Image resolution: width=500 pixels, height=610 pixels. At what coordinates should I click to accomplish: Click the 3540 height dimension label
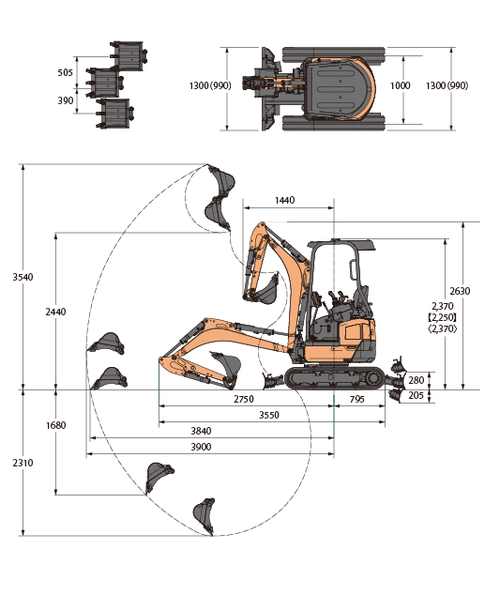[23, 278]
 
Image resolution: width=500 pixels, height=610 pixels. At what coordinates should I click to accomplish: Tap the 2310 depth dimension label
[23, 463]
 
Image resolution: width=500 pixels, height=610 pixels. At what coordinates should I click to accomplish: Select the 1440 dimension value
[284, 200]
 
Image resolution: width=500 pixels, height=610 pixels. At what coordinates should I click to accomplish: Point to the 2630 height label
[460, 291]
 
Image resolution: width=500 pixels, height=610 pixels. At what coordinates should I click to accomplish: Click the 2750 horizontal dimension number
[244, 399]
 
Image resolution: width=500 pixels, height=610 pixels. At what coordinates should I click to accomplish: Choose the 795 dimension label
[356, 399]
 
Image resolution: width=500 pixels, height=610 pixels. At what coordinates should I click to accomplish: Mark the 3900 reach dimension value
[201, 447]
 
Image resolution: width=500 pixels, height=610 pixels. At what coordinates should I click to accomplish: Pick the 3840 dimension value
[201, 431]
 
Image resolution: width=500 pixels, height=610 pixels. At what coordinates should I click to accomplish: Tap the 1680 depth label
[56, 425]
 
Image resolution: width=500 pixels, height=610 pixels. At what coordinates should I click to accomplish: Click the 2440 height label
[55, 312]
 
